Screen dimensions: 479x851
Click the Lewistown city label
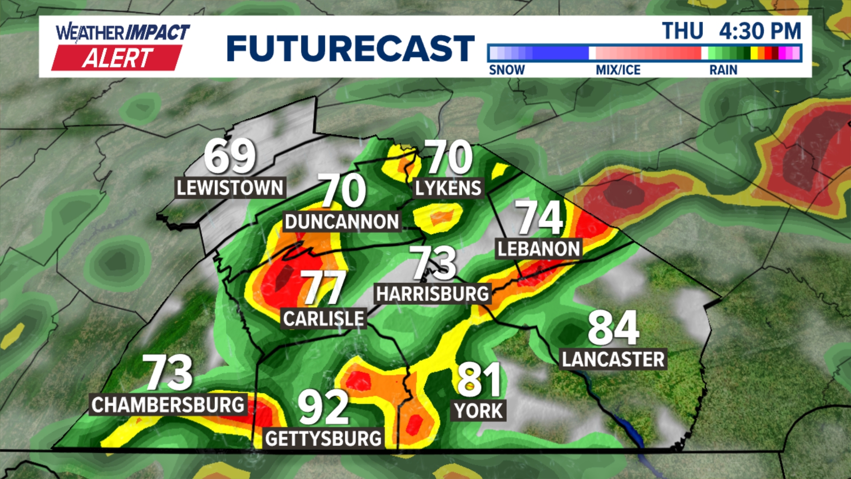click(x=230, y=188)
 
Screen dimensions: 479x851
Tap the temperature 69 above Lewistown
click(x=230, y=156)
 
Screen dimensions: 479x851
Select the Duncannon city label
click(x=342, y=221)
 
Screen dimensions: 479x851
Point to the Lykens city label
click(x=448, y=188)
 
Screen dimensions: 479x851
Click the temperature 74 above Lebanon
click(x=539, y=217)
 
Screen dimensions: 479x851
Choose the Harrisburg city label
click(x=432, y=294)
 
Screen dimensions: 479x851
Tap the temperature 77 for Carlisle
click(x=323, y=287)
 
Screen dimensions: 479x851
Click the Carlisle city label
click(x=324, y=318)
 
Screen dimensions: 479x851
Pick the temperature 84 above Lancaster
click(x=613, y=328)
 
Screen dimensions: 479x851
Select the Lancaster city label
click(x=613, y=359)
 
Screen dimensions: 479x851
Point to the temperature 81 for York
click(x=479, y=380)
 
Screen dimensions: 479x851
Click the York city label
click(x=479, y=411)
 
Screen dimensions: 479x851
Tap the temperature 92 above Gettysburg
click(x=323, y=407)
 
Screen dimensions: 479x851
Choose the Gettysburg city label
click(x=323, y=439)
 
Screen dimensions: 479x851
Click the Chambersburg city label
click(x=168, y=404)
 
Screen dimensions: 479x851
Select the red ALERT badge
click(x=117, y=58)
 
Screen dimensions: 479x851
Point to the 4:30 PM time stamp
click(x=760, y=31)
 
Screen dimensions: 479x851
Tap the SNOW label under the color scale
click(x=507, y=70)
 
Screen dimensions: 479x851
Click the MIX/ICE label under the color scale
click(x=618, y=70)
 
